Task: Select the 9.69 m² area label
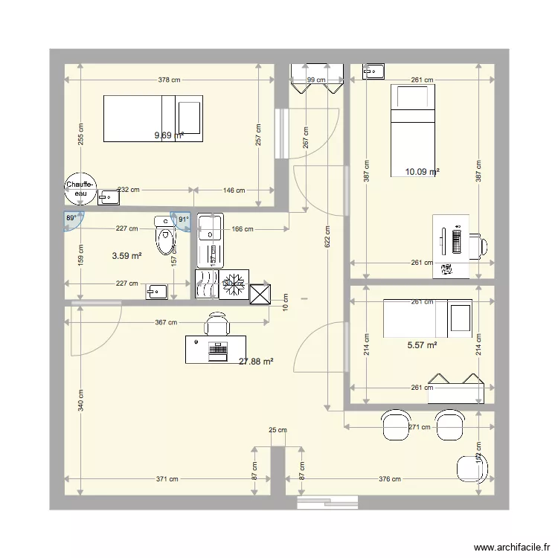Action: coord(168,135)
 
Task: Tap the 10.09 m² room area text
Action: coord(422,172)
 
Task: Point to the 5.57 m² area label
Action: coord(422,344)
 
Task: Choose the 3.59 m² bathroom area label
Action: coord(126,256)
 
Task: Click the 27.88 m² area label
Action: coord(256,362)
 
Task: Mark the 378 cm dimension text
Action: coord(169,80)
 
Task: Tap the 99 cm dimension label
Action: coord(316,80)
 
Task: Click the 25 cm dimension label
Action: coord(278,430)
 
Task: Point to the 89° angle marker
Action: coord(71,219)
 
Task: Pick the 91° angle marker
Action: coord(183,219)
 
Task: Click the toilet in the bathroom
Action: coord(164,237)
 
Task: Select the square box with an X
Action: coord(261,295)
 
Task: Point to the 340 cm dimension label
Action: coord(80,405)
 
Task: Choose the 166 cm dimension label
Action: coord(242,229)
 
